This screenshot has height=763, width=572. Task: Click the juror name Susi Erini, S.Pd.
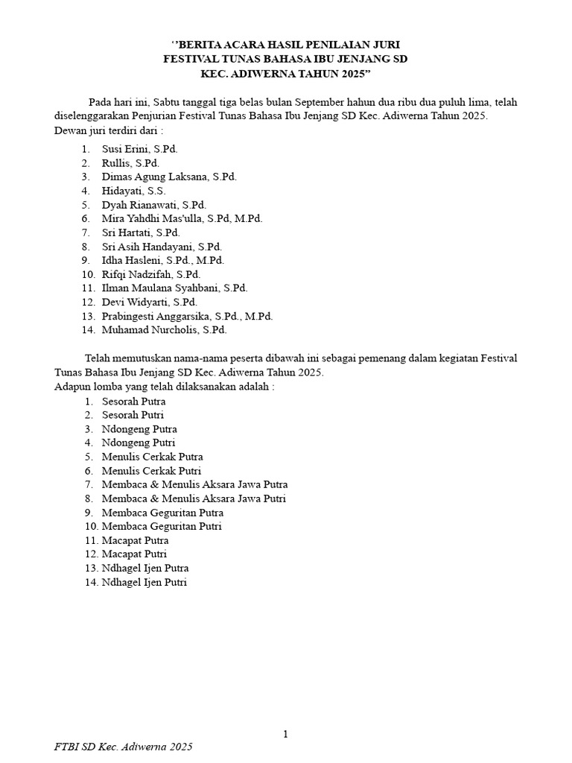(x=139, y=149)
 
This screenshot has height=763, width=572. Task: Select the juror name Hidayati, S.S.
(x=133, y=191)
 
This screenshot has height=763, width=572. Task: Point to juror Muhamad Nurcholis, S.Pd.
(x=164, y=329)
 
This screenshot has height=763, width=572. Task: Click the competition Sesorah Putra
(x=133, y=402)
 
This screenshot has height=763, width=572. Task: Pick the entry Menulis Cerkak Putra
(x=152, y=457)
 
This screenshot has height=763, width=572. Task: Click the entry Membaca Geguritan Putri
(x=162, y=527)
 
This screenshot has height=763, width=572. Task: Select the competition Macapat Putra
(x=135, y=540)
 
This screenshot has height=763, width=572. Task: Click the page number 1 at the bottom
(x=285, y=735)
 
